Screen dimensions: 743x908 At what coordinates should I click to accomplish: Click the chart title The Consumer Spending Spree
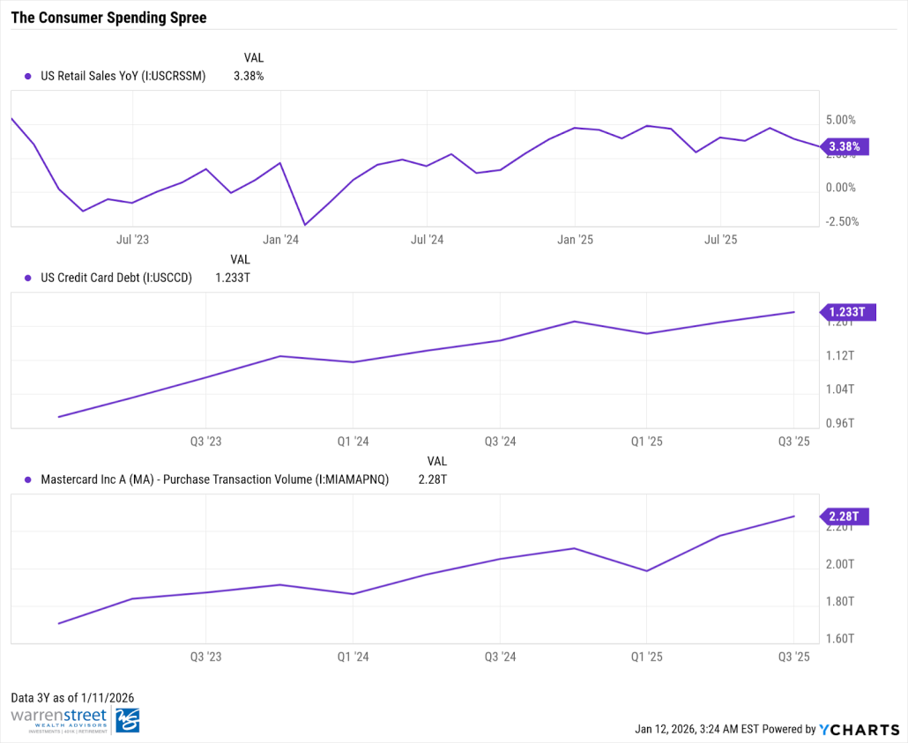pyautogui.click(x=108, y=18)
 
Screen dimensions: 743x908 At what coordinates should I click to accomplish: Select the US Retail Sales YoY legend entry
pyautogui.click(x=123, y=76)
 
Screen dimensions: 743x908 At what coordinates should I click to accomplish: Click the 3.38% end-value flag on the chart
pyautogui.click(x=844, y=147)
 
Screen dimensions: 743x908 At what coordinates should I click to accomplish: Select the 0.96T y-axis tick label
pyautogui.click(x=840, y=423)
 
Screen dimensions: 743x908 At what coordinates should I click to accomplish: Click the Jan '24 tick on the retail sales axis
pyautogui.click(x=279, y=239)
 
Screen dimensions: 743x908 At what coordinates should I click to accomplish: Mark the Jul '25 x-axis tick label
pyautogui.click(x=721, y=239)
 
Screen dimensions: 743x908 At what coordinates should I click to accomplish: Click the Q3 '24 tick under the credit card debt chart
pyautogui.click(x=500, y=441)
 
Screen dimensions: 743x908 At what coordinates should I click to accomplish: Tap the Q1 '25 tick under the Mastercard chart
pyautogui.click(x=647, y=657)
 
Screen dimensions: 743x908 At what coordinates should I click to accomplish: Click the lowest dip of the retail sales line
pyautogui.click(x=305, y=225)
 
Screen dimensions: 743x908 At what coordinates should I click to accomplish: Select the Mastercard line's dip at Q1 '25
pyautogui.click(x=647, y=571)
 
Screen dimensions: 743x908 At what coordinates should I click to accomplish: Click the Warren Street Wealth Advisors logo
pyautogui.click(x=75, y=719)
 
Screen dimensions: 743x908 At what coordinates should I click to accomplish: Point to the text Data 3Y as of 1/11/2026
pyautogui.click(x=72, y=697)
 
